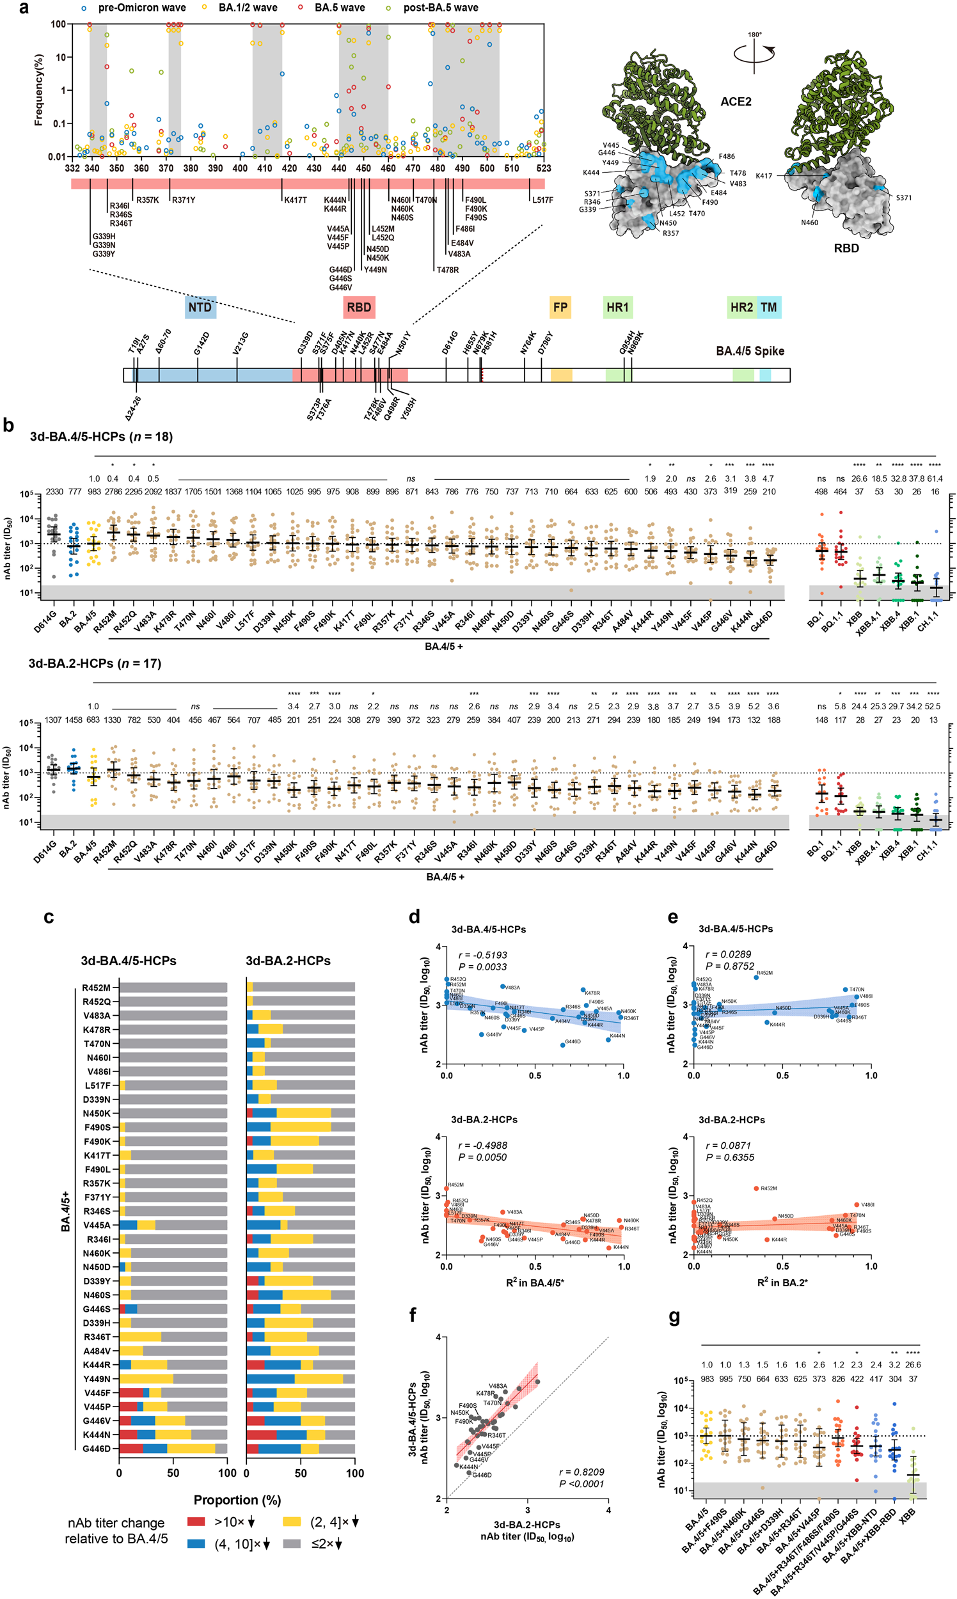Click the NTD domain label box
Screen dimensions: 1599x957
click(x=200, y=307)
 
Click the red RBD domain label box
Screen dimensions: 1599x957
click(x=360, y=307)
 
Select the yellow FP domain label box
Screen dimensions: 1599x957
click(x=560, y=307)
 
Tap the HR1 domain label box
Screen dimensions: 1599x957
click(x=617, y=307)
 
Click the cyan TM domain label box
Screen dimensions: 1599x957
click(x=769, y=307)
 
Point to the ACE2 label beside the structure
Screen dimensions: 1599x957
click(x=736, y=102)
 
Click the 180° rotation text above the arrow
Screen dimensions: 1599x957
click(x=754, y=35)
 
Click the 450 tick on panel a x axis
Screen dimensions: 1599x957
click(x=364, y=168)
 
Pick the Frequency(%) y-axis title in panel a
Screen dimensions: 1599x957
click(x=38, y=90)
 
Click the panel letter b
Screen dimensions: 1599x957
click(x=8, y=425)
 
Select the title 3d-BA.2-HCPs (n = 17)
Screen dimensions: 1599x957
click(x=94, y=663)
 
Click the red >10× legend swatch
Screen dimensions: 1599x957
click(x=196, y=1522)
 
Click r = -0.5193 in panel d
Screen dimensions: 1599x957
click(x=482, y=954)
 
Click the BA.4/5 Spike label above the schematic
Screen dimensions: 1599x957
click(x=750, y=351)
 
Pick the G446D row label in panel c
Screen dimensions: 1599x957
click(x=97, y=1449)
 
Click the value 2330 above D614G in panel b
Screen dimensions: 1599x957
click(x=54, y=491)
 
